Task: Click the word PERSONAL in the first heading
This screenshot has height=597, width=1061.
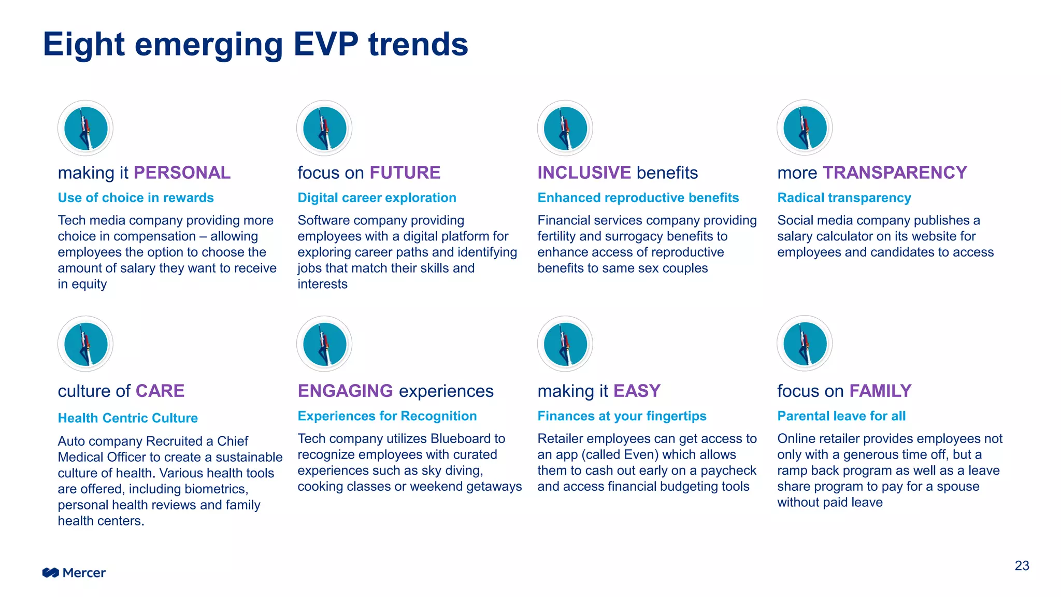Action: pos(182,173)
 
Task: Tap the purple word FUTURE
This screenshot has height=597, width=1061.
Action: pos(405,173)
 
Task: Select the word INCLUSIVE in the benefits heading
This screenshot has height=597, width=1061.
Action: pos(584,173)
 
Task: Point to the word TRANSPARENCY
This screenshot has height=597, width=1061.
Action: pos(895,173)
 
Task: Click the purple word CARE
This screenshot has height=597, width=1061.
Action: pos(160,391)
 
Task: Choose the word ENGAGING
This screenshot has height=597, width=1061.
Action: pos(345,391)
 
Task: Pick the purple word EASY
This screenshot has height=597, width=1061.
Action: pos(637,391)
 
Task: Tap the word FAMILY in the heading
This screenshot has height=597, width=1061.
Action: pos(880,391)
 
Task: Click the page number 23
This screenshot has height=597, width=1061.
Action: pos(1022,565)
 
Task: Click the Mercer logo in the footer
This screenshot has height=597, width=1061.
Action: pos(74,573)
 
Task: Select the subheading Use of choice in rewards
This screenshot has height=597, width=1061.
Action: pos(136,198)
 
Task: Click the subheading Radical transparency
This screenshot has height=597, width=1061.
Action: pos(844,198)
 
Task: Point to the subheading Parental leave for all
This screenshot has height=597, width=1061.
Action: pos(841,416)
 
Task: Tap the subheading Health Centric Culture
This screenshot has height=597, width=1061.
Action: pos(128,418)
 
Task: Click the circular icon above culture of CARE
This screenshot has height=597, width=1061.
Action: pos(85,344)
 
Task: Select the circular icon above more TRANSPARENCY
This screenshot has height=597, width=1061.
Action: pos(805,128)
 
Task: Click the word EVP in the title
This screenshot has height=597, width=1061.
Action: pos(326,44)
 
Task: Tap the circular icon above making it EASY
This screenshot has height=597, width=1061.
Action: pos(565,344)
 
